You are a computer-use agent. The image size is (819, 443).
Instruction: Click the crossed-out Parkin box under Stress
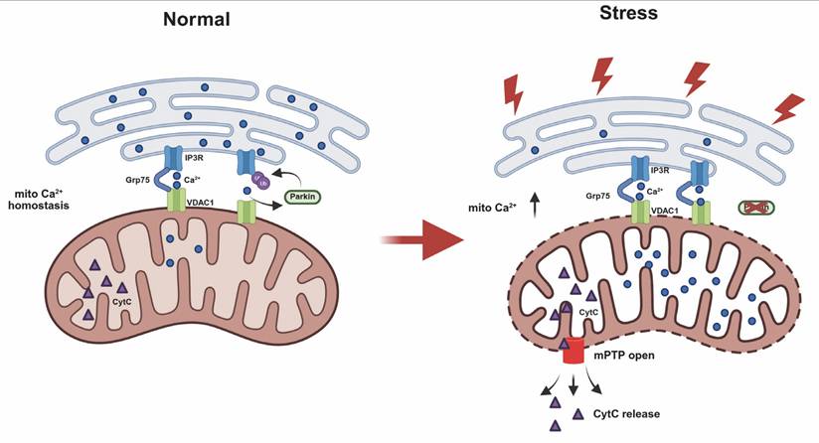tap(758, 208)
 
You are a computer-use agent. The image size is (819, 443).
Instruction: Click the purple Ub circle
tap(261, 186)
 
